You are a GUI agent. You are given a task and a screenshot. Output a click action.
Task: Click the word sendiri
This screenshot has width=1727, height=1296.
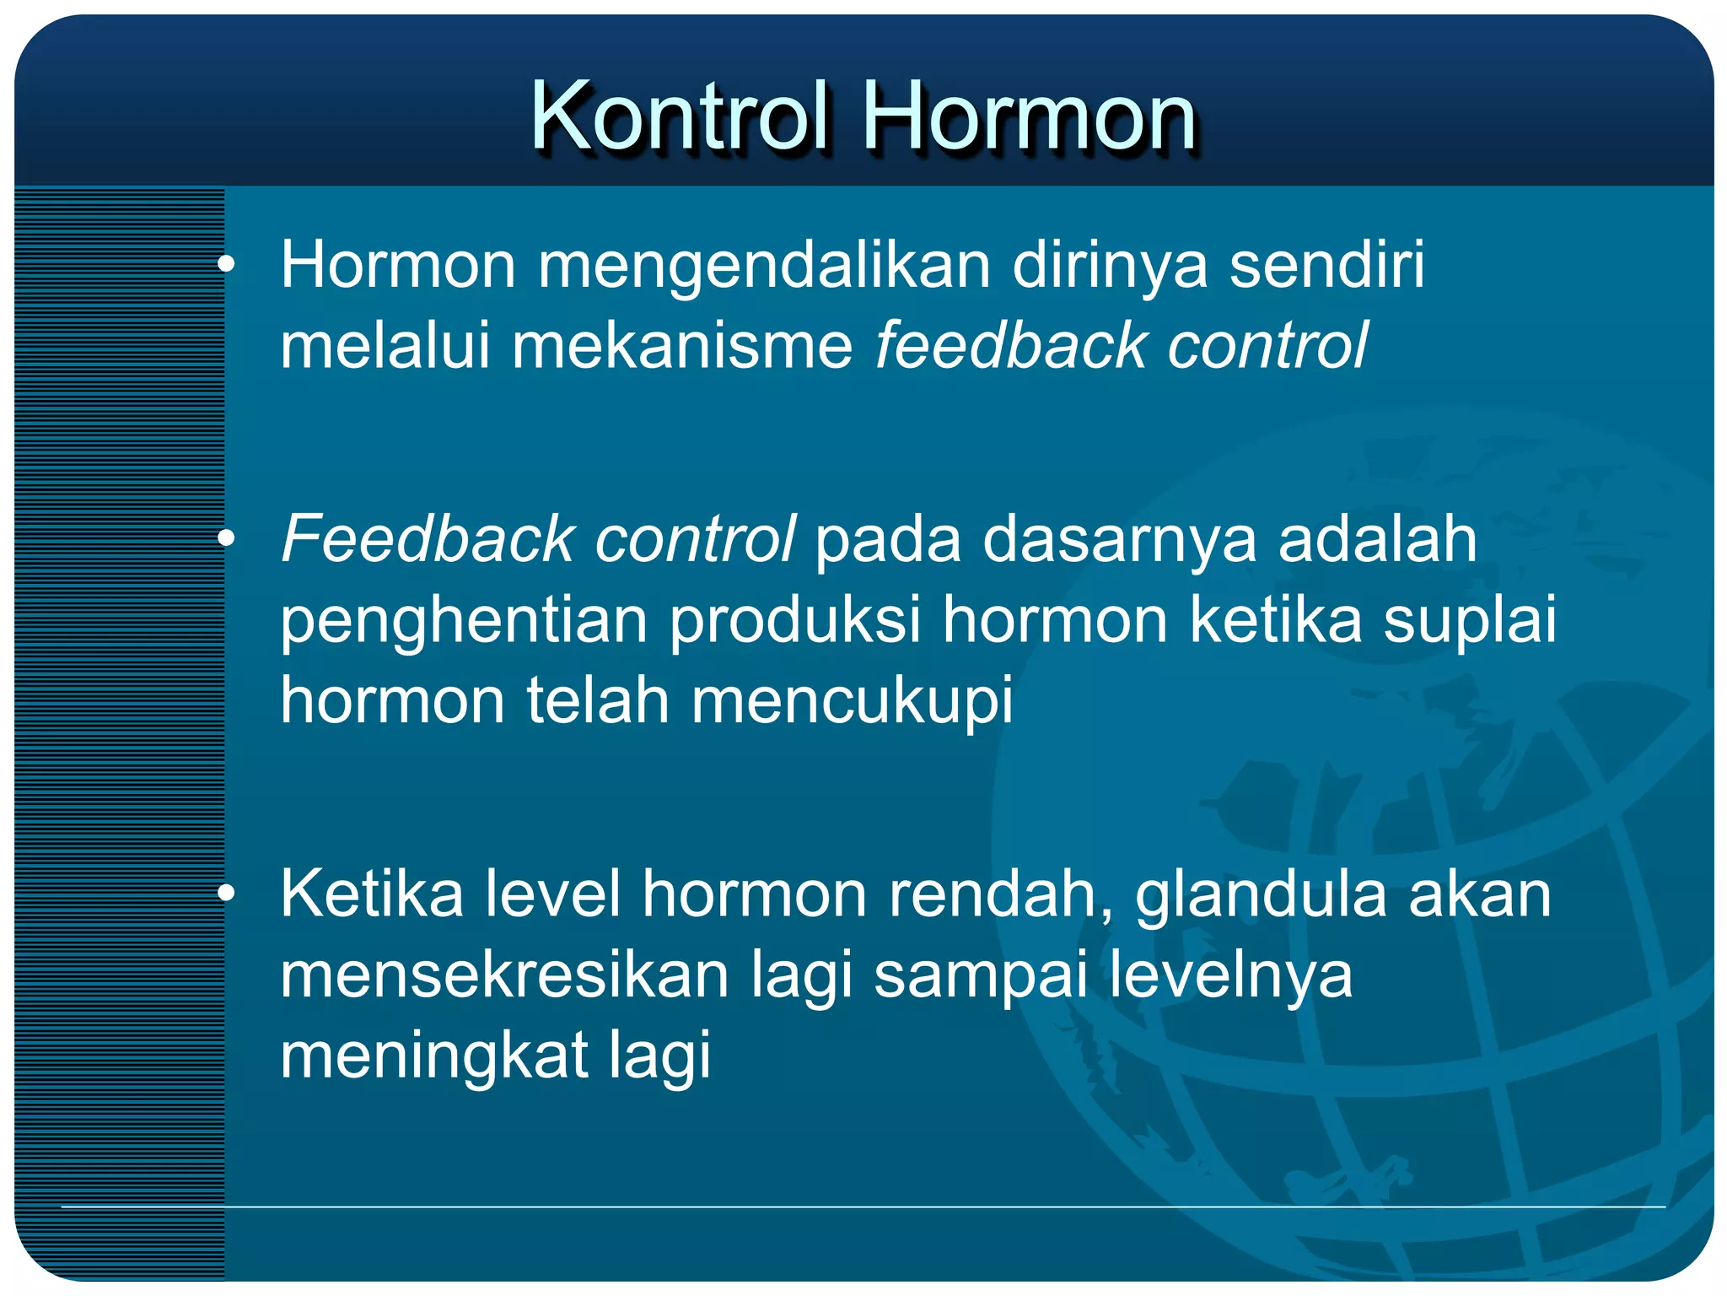coord(1326,266)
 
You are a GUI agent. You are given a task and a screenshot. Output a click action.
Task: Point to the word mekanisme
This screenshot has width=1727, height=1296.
coord(682,346)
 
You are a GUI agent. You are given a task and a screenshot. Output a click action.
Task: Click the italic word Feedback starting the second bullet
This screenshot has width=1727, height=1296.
coord(428,539)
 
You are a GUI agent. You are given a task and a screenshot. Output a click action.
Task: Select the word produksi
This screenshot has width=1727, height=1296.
coord(795,620)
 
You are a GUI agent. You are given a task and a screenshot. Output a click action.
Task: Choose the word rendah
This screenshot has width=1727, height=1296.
coord(1000,894)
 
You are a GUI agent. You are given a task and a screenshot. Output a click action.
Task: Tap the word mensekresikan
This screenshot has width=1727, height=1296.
coord(504,975)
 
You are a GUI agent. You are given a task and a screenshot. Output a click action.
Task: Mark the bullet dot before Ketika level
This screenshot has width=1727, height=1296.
coord(226,895)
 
